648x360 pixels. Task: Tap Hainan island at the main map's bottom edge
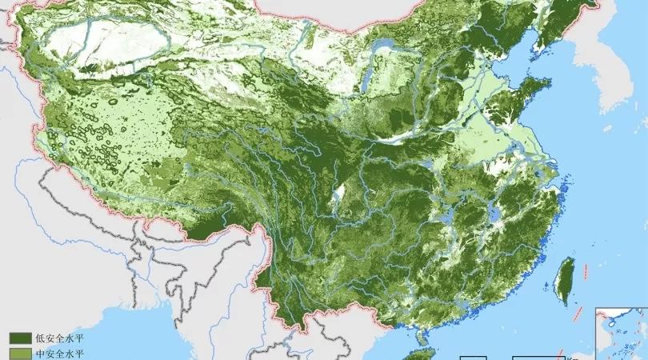419,354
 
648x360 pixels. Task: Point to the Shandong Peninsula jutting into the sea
532,100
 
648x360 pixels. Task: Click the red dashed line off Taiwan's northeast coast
589,272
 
